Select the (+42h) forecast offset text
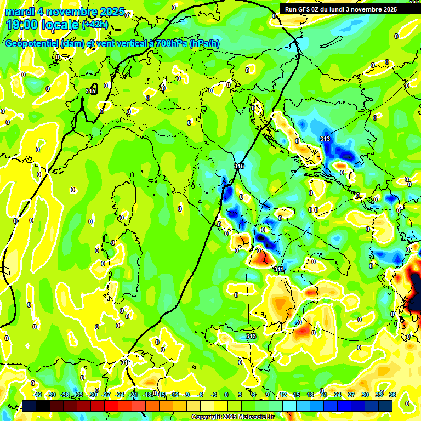(95, 25)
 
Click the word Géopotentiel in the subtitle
(30, 44)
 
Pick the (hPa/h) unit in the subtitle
(204, 44)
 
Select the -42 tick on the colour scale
(38, 395)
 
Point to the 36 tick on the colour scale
(392, 395)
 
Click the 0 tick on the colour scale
(226, 395)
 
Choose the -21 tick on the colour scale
(133, 395)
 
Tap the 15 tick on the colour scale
(297, 395)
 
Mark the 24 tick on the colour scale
(338, 395)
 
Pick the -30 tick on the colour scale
(93, 395)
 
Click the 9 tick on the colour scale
(268, 395)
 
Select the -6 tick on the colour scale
(201, 395)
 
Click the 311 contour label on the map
(279, 269)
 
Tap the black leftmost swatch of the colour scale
(29, 406)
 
